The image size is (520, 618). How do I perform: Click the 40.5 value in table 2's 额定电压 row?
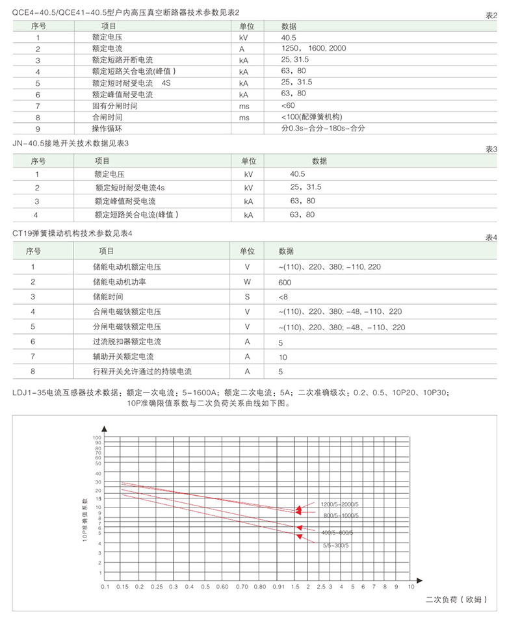pos(289,37)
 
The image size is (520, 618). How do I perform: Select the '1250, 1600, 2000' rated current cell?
pos(314,49)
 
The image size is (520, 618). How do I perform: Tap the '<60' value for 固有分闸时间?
pos(288,105)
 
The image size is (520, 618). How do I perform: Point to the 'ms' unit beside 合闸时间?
pos(244,117)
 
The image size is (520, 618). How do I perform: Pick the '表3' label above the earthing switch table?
pos(491,149)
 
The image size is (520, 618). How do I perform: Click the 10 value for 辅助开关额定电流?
pos(283,357)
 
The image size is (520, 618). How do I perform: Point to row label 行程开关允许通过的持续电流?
pos(142,372)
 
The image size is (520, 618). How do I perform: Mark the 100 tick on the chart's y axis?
pos(98,437)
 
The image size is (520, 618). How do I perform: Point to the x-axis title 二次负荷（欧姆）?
pos(456,599)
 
